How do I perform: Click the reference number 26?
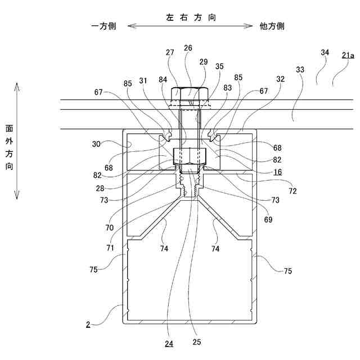(x=188, y=48)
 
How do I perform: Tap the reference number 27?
(x=170, y=53)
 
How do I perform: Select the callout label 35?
(x=219, y=66)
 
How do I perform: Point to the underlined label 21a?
(x=348, y=55)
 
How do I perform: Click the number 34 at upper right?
(x=325, y=52)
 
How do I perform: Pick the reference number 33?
(x=299, y=70)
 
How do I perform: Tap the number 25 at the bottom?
(x=196, y=341)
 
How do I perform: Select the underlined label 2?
(x=88, y=325)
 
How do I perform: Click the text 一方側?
(x=103, y=26)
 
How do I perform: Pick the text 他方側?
(x=272, y=26)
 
